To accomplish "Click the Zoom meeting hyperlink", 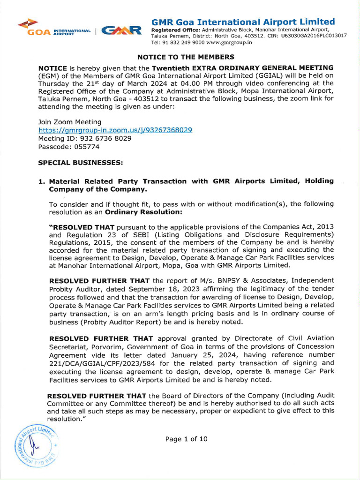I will pos(115,130).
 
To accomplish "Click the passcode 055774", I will pos(84,147).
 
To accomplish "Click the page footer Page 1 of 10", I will pos(186,439).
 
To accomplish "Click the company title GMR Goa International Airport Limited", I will pos(243,22).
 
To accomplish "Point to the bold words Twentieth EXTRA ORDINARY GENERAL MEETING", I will pos(243,67).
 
